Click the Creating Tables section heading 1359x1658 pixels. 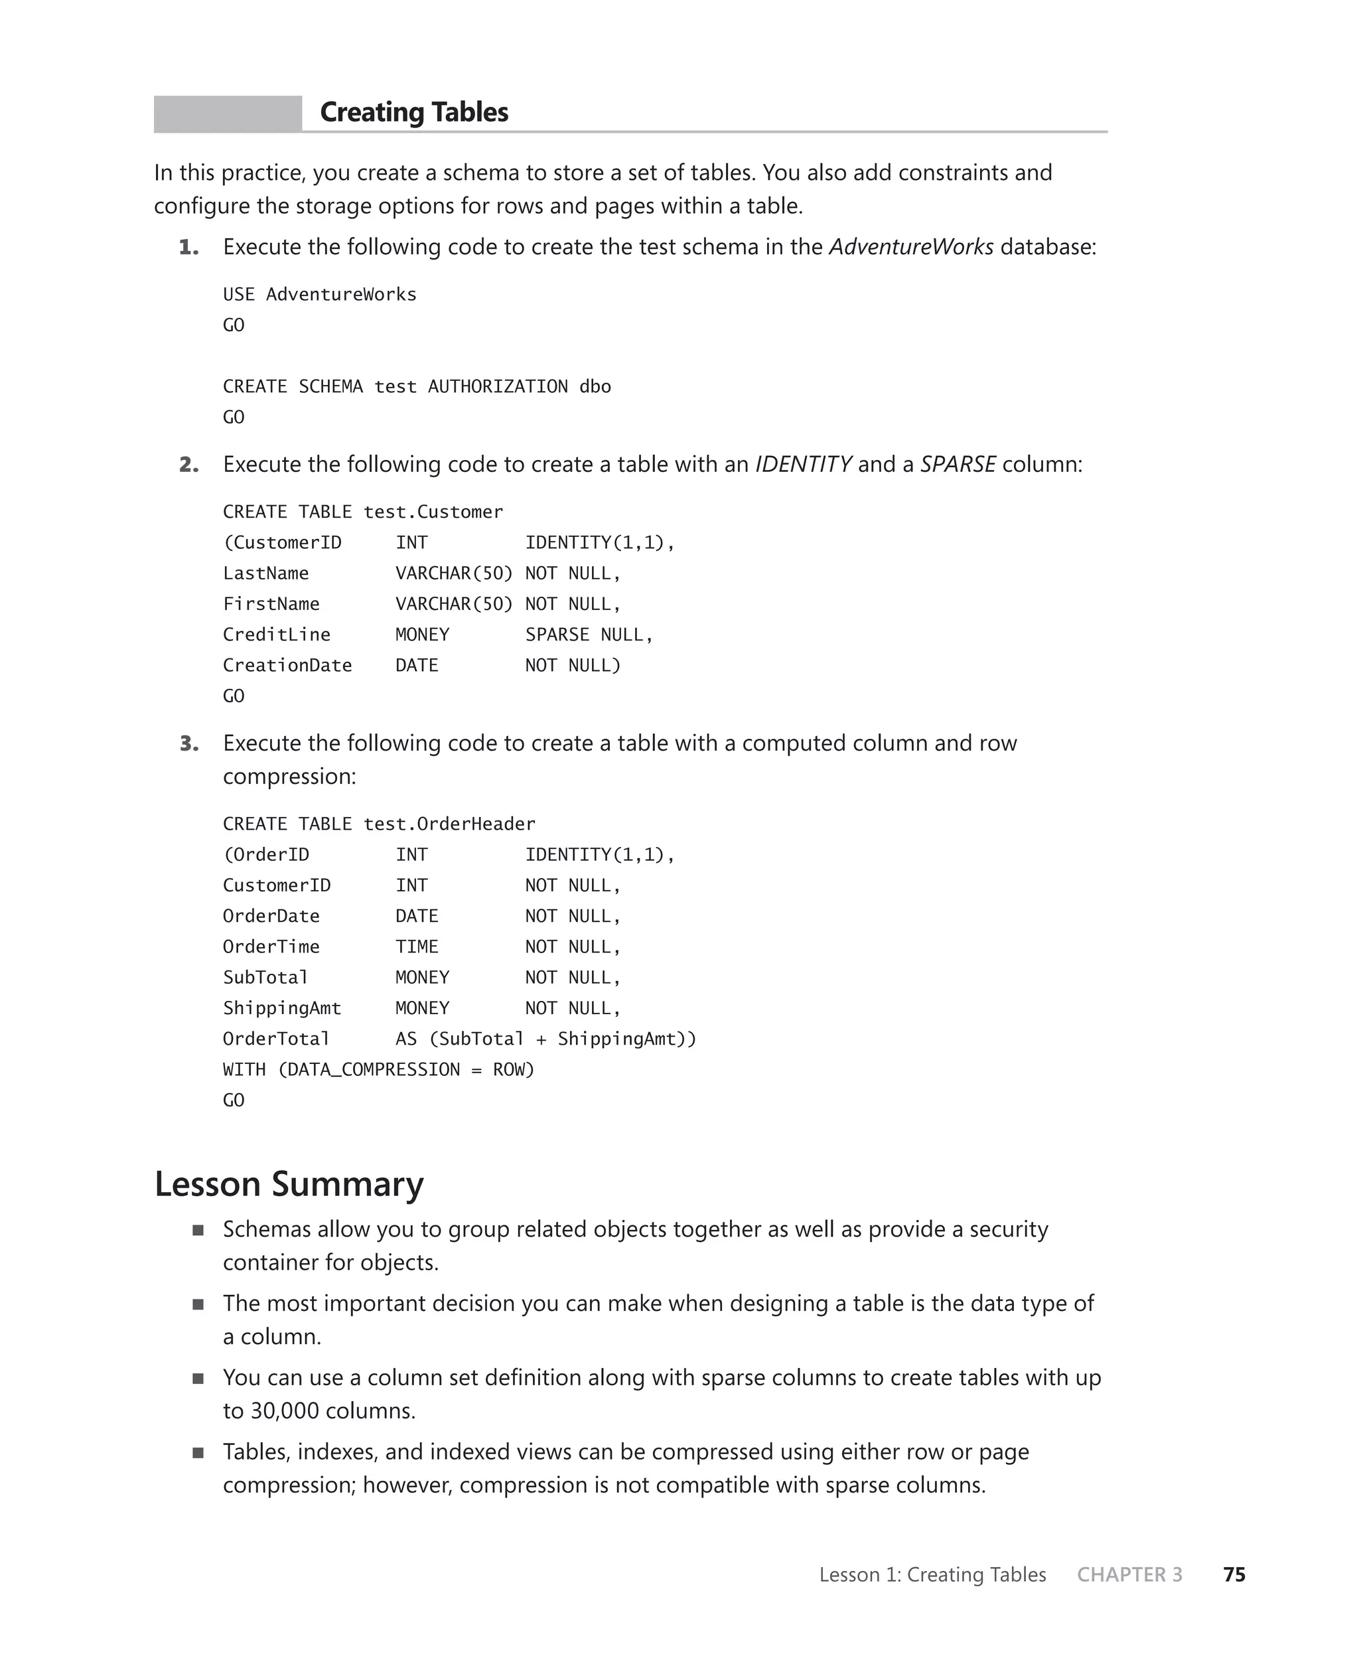(413, 113)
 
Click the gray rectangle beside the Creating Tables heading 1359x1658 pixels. (227, 113)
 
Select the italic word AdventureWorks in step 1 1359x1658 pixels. (910, 248)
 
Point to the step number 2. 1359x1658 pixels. (188, 465)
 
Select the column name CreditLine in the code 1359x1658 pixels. (276, 635)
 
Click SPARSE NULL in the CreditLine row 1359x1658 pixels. (588, 635)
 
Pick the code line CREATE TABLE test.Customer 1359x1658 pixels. (362, 512)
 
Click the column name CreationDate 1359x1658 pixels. (287, 666)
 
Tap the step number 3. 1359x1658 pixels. (188, 743)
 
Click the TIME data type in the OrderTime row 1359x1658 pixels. (417, 947)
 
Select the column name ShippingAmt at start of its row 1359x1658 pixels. (282, 1008)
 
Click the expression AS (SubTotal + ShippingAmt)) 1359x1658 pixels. (545, 1039)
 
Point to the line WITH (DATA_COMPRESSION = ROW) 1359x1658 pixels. (378, 1070)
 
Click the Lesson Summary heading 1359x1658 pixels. (289, 1184)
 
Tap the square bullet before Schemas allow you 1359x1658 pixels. (198, 1230)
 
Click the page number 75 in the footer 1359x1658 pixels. (1234, 1574)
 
